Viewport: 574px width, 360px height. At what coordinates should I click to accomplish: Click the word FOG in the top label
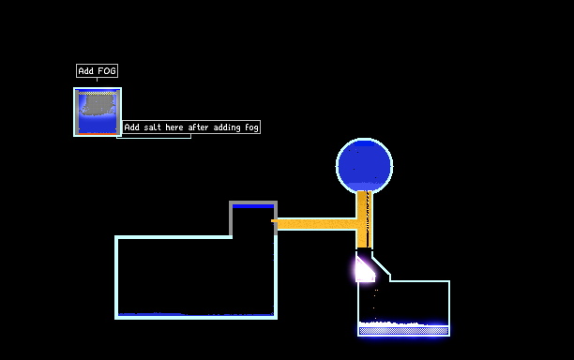click(107, 70)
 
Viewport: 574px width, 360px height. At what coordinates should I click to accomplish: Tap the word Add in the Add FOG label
click(86, 70)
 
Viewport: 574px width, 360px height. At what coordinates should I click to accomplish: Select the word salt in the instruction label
click(152, 127)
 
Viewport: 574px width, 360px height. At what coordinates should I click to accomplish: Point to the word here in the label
click(174, 127)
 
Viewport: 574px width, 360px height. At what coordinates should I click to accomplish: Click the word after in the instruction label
click(198, 127)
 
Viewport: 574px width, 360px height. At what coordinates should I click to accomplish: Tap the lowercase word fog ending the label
click(251, 127)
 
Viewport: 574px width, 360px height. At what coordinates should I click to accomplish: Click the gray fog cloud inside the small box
click(98, 106)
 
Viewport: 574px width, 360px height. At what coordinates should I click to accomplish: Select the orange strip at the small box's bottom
click(98, 134)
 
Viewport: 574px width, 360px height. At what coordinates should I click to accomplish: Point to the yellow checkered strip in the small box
click(98, 94)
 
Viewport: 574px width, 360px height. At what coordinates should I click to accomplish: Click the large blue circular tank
click(364, 165)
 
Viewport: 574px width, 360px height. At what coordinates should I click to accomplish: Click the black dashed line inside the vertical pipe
click(368, 218)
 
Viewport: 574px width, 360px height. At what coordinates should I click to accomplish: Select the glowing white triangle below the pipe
click(364, 271)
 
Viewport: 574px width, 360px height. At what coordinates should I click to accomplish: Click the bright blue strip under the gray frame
click(253, 206)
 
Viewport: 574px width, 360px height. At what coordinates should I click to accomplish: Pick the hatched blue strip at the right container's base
click(403, 331)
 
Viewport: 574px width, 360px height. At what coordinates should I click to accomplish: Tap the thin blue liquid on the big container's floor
click(196, 314)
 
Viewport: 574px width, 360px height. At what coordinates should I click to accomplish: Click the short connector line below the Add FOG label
click(97, 80)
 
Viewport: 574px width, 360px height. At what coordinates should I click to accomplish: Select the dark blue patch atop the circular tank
click(364, 143)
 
